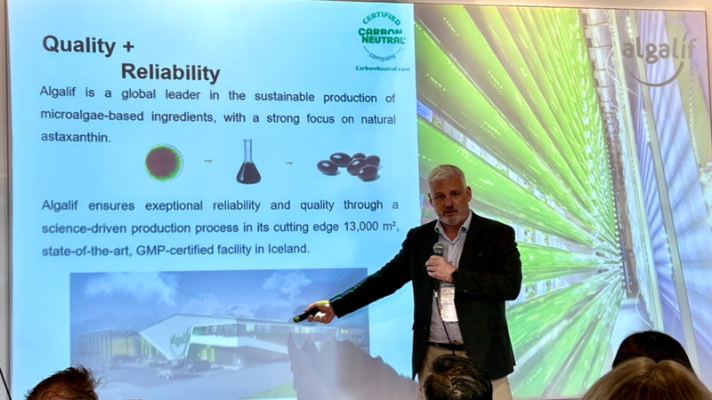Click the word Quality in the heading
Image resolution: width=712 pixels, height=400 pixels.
[x=79, y=46]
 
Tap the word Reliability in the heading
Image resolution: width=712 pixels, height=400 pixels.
[x=170, y=73]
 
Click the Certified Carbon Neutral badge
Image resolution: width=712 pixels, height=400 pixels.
[x=382, y=36]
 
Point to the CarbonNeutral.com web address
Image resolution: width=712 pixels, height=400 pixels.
[x=383, y=68]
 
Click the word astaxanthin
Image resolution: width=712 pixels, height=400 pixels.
[x=76, y=137]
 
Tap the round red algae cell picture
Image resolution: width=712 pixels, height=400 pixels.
[x=164, y=163]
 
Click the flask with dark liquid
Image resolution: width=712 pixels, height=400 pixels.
[x=248, y=162]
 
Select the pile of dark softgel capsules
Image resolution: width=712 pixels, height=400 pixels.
[x=349, y=166]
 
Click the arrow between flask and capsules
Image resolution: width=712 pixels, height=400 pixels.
[x=288, y=163]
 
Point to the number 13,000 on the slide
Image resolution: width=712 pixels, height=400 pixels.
[x=361, y=227]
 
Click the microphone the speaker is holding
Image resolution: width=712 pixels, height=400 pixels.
[x=438, y=249]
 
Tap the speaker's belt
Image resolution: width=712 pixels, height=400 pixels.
[x=448, y=347]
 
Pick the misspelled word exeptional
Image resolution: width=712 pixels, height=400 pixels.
[x=174, y=206]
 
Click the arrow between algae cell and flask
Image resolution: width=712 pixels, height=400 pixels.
[x=208, y=161]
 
